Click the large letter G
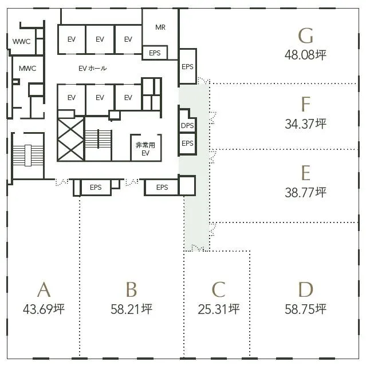click(306, 35)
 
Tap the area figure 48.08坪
click(305, 55)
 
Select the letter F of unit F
click(306, 104)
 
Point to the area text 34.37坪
click(305, 124)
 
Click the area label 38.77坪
click(305, 193)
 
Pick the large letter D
click(306, 289)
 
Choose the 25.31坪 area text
click(219, 309)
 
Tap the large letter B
click(131, 289)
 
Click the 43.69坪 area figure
click(44, 309)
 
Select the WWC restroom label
click(22, 42)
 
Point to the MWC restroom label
click(27, 69)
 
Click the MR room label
click(160, 27)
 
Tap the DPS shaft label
click(187, 126)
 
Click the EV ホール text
click(93, 69)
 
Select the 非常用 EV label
click(145, 149)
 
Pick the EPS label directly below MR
click(155, 53)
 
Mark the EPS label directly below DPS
click(187, 143)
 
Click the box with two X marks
click(71, 139)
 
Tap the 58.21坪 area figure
click(131, 309)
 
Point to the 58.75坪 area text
click(305, 309)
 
